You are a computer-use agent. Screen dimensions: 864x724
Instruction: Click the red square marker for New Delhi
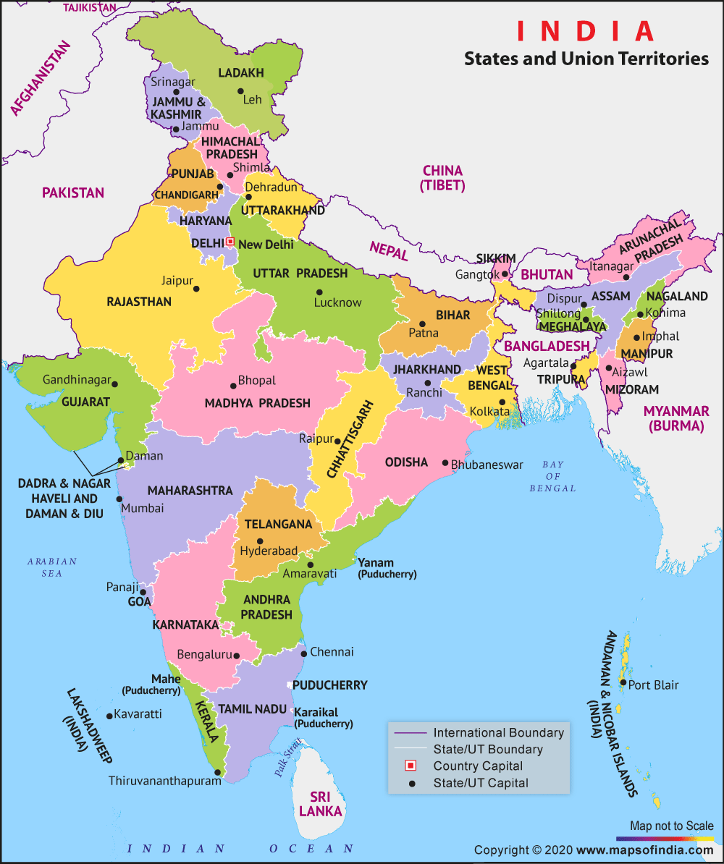[230, 242]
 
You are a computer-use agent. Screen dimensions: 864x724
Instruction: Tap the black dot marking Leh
[240, 91]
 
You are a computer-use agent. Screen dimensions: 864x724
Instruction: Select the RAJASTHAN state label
[139, 302]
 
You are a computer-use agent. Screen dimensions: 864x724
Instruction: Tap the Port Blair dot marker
[623, 682]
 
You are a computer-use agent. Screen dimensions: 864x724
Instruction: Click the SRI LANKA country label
[320, 804]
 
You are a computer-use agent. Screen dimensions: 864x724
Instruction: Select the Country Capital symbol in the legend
[411, 766]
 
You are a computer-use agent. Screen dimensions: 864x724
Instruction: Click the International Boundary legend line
[410, 732]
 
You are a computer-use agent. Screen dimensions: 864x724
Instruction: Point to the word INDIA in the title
[585, 31]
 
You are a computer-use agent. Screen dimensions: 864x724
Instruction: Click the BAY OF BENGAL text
[553, 476]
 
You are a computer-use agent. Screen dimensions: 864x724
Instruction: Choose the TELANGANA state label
[278, 524]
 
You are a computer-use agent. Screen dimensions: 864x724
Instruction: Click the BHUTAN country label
[547, 275]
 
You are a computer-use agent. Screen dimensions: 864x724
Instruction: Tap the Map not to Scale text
[671, 826]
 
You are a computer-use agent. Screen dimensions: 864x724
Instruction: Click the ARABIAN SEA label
[52, 567]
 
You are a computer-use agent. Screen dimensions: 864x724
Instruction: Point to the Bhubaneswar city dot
[445, 464]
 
